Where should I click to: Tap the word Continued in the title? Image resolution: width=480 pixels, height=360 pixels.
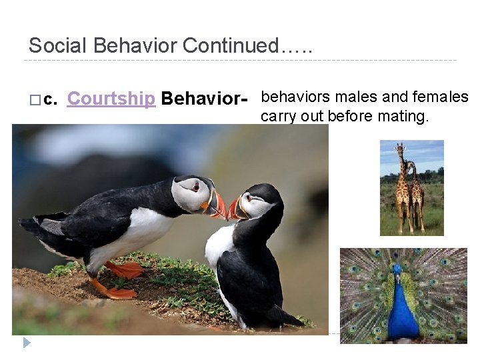(230, 46)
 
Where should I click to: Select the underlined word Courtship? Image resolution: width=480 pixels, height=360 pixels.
(111, 99)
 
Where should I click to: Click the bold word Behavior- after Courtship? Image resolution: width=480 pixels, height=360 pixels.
(205, 99)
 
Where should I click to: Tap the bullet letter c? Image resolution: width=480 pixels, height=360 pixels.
(51, 100)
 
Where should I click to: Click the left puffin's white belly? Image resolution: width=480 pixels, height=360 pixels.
(137, 233)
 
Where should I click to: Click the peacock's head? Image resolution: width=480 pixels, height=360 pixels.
(398, 269)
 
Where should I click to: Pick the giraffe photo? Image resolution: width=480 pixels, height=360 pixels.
(411, 188)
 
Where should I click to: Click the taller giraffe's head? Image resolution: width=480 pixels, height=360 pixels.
(400, 148)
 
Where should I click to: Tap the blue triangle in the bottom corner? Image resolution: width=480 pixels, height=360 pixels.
(27, 343)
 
